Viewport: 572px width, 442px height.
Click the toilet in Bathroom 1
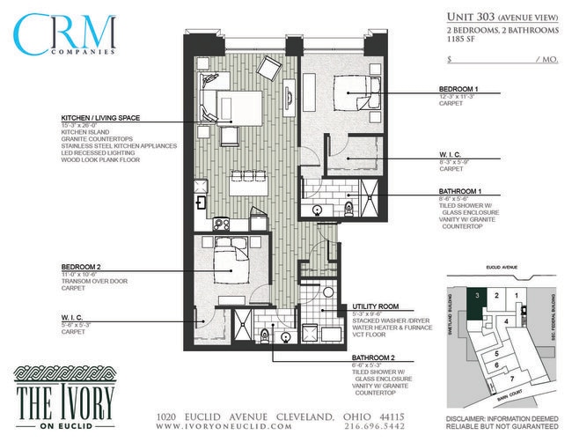(350, 208)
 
